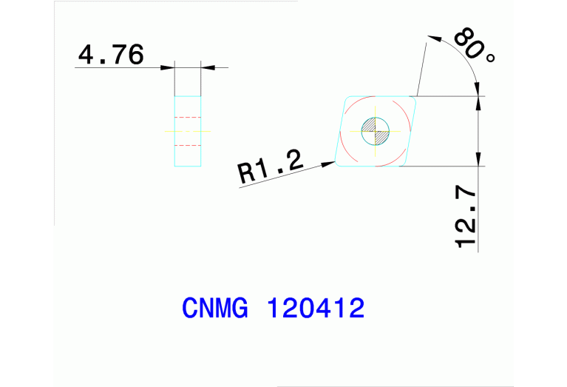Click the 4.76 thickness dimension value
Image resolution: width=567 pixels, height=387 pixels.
(111, 55)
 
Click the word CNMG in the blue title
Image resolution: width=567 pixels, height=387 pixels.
(214, 308)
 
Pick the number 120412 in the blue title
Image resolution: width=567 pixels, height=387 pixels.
(316, 308)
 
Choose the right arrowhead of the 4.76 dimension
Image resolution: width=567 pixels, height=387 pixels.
(207, 68)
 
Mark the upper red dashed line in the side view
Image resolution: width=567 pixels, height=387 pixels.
(187, 118)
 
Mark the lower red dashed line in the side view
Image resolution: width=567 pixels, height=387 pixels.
(187, 144)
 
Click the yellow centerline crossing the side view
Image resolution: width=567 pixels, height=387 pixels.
(187, 131)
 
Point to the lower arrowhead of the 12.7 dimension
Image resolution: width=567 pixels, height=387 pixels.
(479, 160)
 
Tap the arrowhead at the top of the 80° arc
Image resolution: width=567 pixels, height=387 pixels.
(434, 36)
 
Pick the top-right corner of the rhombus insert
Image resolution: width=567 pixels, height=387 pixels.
(415, 97)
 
